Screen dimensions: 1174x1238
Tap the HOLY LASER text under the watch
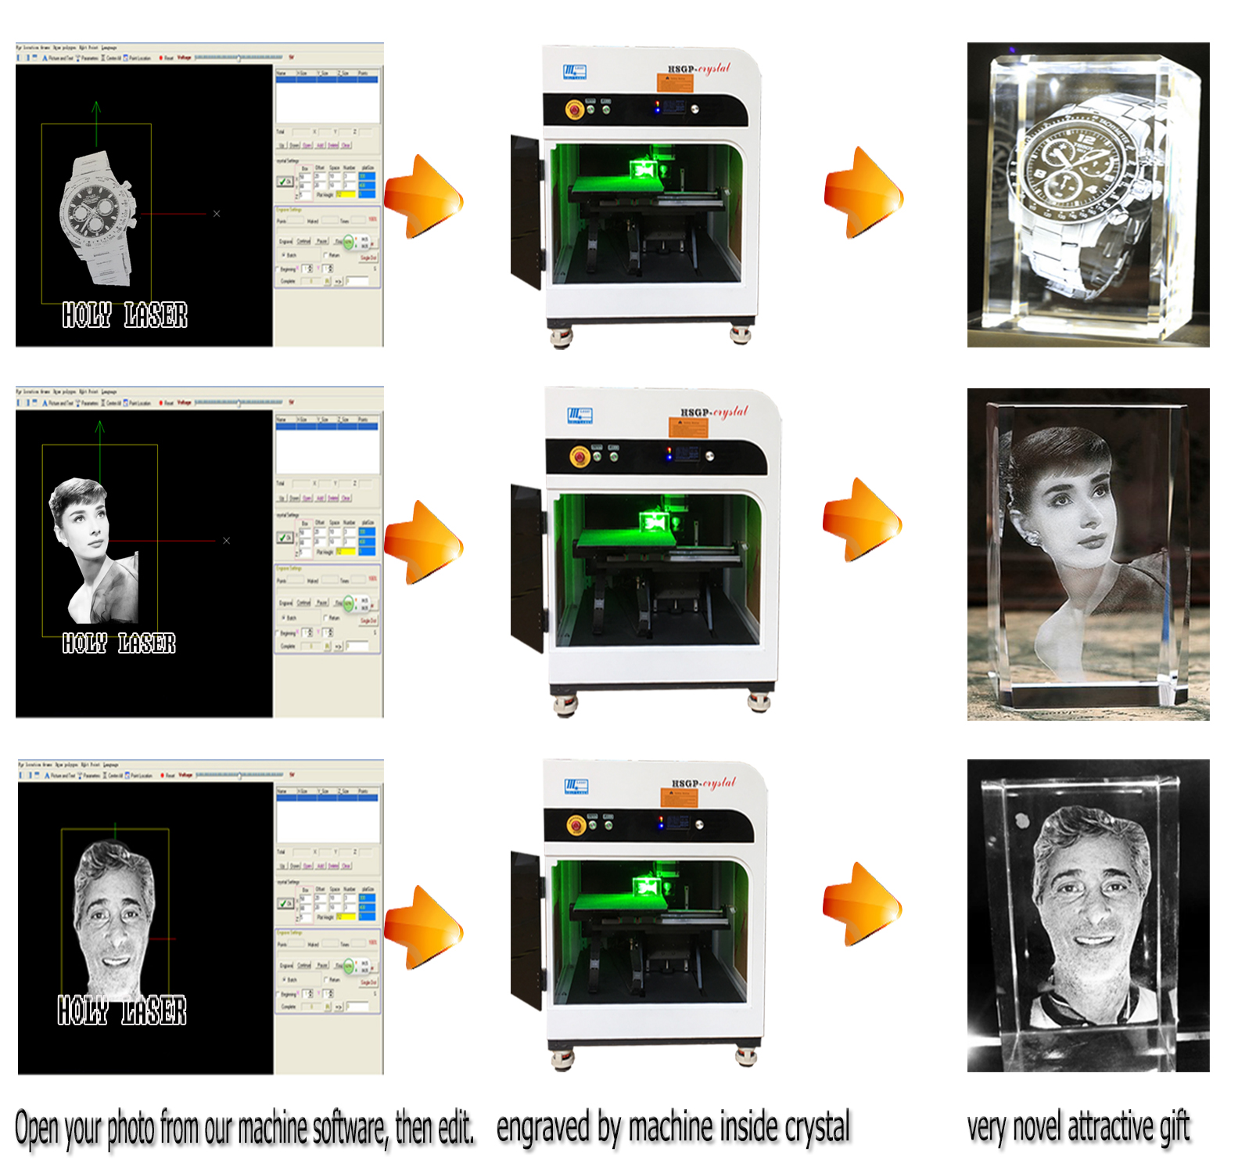coord(124,315)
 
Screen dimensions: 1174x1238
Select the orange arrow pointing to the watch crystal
coord(863,193)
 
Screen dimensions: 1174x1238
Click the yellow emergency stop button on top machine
coord(575,110)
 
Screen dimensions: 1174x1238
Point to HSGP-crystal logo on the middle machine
coord(713,412)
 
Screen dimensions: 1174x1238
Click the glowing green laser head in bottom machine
coord(648,886)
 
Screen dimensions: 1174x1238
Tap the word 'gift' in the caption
coord(1174,1128)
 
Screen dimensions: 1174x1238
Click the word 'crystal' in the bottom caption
coord(816,1128)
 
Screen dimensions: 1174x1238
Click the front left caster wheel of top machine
coord(561,337)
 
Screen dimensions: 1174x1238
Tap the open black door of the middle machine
coord(526,567)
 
